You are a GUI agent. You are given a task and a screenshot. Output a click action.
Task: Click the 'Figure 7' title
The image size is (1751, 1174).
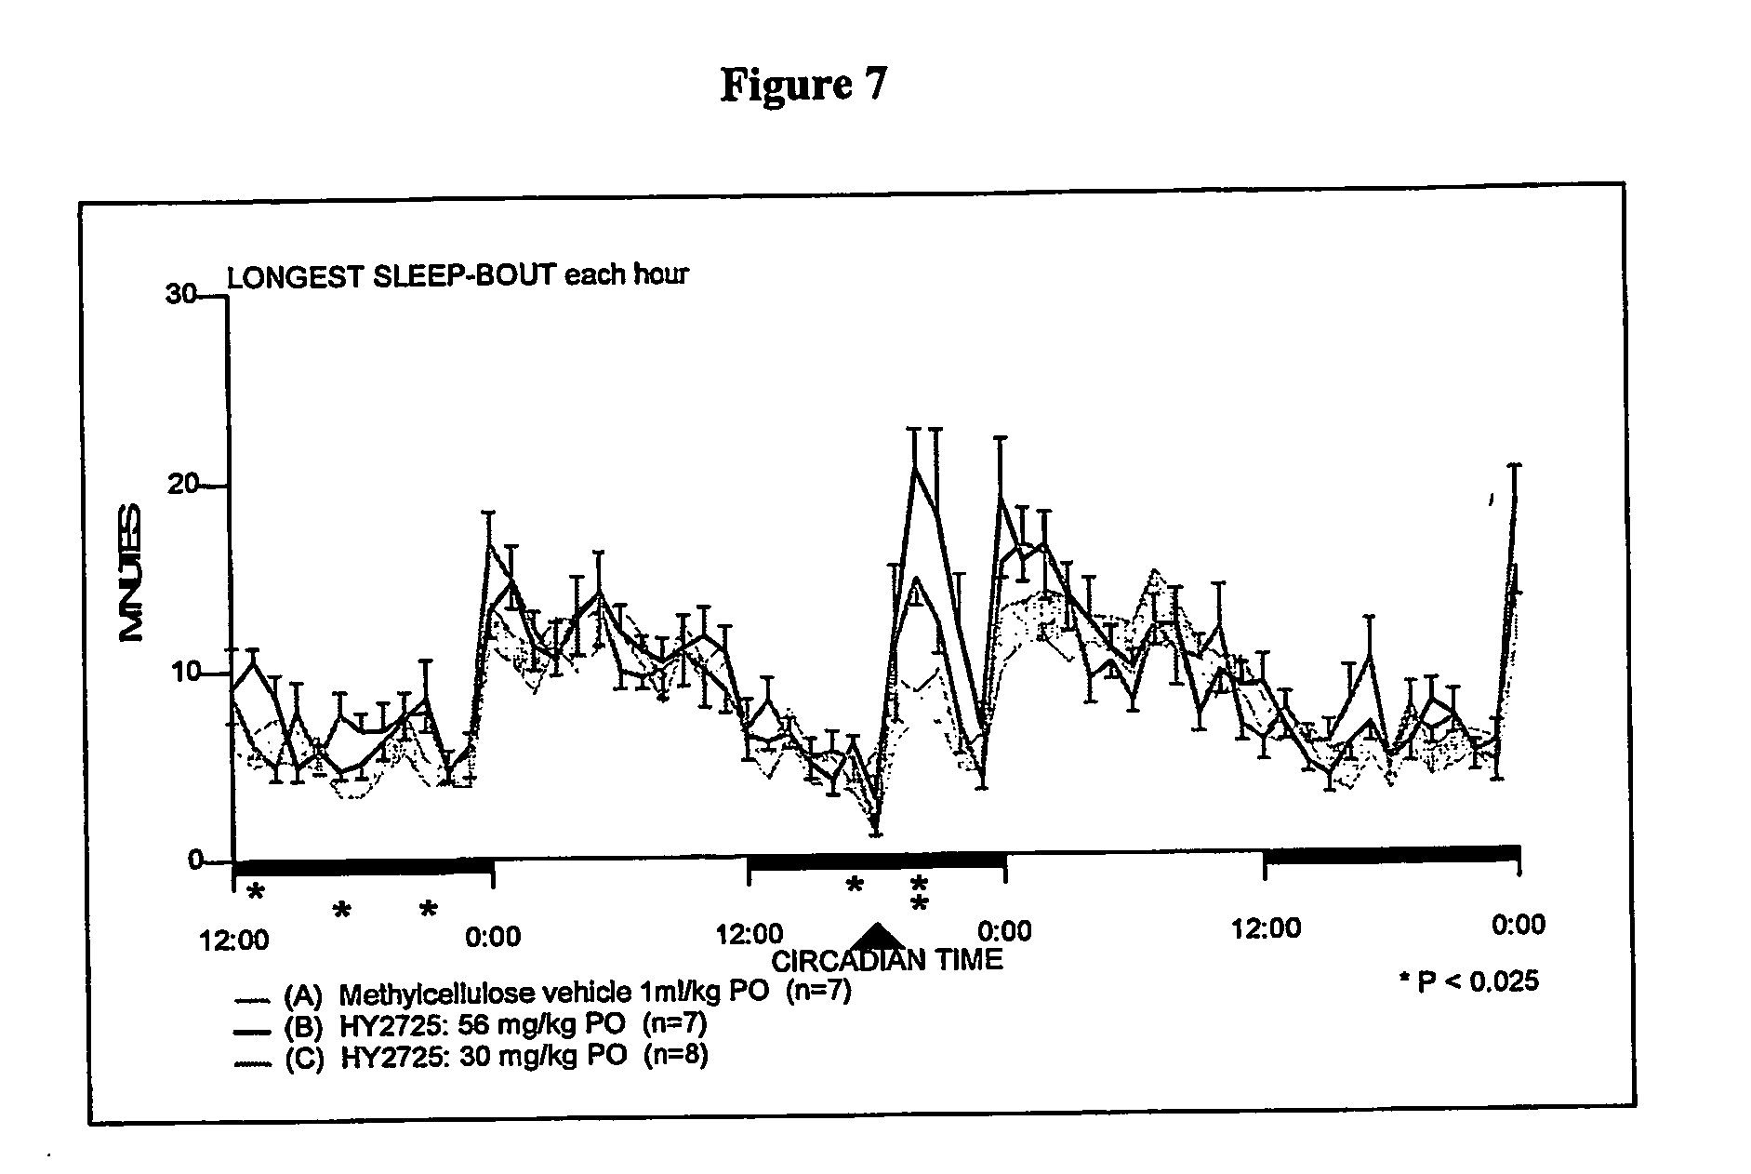pos(803,85)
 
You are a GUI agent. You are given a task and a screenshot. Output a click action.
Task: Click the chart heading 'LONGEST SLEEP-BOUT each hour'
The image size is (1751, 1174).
pos(458,275)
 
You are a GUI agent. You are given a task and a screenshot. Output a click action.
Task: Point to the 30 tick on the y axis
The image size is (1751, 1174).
pos(180,295)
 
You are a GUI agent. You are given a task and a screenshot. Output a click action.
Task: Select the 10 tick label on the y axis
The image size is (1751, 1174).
pos(183,673)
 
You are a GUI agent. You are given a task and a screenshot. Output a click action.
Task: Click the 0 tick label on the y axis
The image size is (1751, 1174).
pos(194,860)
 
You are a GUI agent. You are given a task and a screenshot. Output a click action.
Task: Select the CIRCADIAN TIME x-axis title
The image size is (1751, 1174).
pos(886,959)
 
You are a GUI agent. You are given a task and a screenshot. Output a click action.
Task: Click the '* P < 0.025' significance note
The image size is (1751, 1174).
pos(1468,981)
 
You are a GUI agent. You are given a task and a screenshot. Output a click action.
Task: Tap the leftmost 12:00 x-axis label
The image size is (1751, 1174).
pos(234,941)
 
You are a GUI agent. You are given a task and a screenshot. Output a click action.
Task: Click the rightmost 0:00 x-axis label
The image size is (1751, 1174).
pos(1518,925)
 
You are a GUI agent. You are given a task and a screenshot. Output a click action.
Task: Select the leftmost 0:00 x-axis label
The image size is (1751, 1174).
pos(493,934)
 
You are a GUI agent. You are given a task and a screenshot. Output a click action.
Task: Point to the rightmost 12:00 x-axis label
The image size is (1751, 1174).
pos(1265,928)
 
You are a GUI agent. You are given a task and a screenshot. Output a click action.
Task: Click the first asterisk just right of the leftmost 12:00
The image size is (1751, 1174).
pos(256,894)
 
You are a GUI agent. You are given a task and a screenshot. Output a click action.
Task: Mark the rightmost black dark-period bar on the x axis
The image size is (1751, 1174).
pos(1390,854)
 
